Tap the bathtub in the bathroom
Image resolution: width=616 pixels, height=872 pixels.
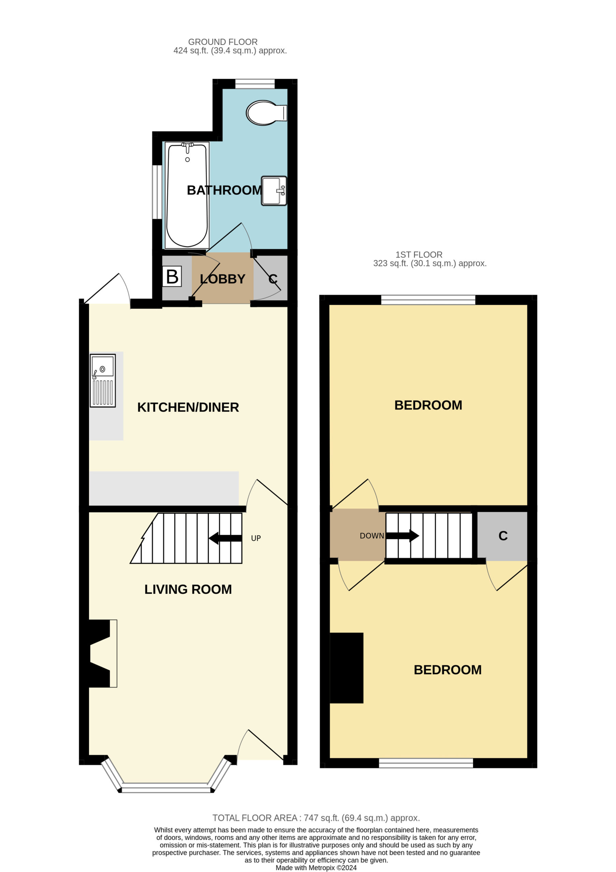click(187, 195)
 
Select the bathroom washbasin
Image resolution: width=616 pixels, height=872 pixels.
click(274, 191)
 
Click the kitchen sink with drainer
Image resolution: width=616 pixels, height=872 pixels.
click(103, 380)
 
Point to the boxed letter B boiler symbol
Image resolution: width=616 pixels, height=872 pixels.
click(172, 277)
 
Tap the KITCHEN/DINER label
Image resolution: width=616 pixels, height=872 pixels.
click(188, 407)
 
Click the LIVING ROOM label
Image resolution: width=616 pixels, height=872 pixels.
click(188, 589)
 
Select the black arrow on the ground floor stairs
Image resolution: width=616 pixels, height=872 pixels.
click(225, 538)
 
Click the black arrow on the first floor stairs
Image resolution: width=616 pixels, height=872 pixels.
click(402, 536)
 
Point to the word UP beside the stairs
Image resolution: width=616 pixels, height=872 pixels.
click(256, 538)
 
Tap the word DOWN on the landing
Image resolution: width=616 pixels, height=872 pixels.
click(372, 536)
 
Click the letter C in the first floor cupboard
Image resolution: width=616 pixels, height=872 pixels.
click(503, 536)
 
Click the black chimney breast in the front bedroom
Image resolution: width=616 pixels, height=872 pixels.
click(347, 668)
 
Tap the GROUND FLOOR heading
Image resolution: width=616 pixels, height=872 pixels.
click(223, 42)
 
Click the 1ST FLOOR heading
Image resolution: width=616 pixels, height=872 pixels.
click(419, 254)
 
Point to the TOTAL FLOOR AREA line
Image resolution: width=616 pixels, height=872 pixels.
click(316, 818)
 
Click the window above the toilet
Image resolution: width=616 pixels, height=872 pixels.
click(255, 83)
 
